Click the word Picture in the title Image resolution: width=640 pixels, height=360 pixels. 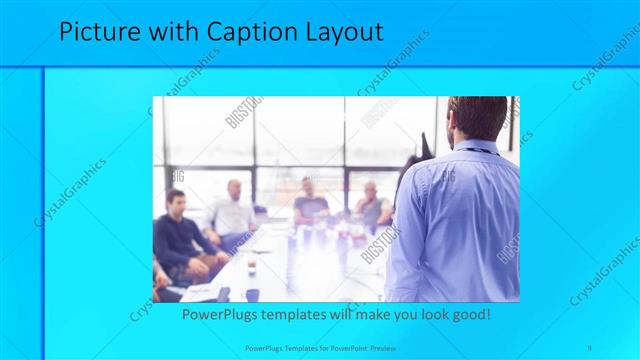[x=97, y=32]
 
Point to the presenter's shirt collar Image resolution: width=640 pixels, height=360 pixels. [x=479, y=148]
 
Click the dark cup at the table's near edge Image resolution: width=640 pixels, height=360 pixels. [x=252, y=294]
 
